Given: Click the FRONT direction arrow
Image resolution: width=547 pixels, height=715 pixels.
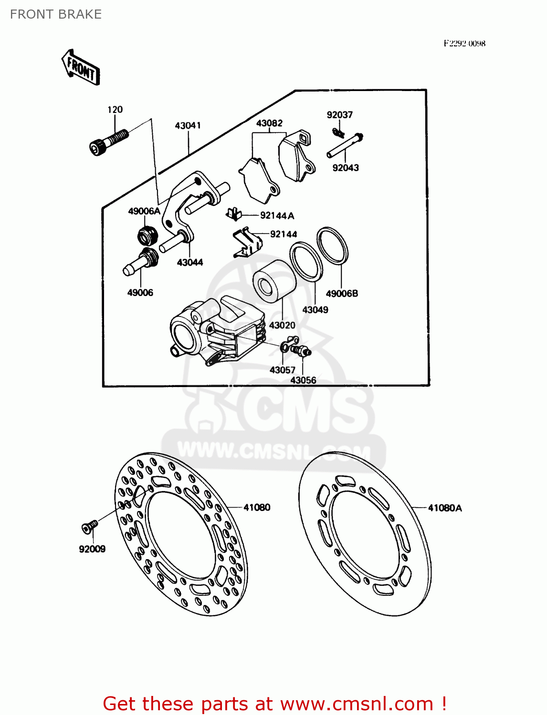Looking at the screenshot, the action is tap(81, 68).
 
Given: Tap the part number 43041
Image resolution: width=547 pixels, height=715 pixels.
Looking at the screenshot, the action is tap(188, 126).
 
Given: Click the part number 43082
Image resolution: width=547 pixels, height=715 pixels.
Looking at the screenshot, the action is tap(269, 123).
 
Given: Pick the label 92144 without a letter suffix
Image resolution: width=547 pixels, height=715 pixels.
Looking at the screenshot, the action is tap(284, 234).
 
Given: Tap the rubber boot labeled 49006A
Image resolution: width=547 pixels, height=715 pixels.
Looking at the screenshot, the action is tap(147, 235).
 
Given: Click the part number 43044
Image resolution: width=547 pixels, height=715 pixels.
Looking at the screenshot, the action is tap(190, 262).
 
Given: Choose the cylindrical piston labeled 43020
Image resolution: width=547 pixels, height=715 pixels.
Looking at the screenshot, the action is tap(274, 282).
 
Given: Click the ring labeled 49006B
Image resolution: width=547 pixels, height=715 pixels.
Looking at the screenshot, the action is tap(332, 245).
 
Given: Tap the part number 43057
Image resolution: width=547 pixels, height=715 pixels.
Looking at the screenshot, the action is tap(282, 370).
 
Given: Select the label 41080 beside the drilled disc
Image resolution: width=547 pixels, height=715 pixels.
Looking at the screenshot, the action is tap(257, 508).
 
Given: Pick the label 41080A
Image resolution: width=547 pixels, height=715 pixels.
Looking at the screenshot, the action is tap(445, 508).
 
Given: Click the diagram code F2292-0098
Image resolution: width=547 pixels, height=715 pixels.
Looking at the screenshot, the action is tap(464, 43).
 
